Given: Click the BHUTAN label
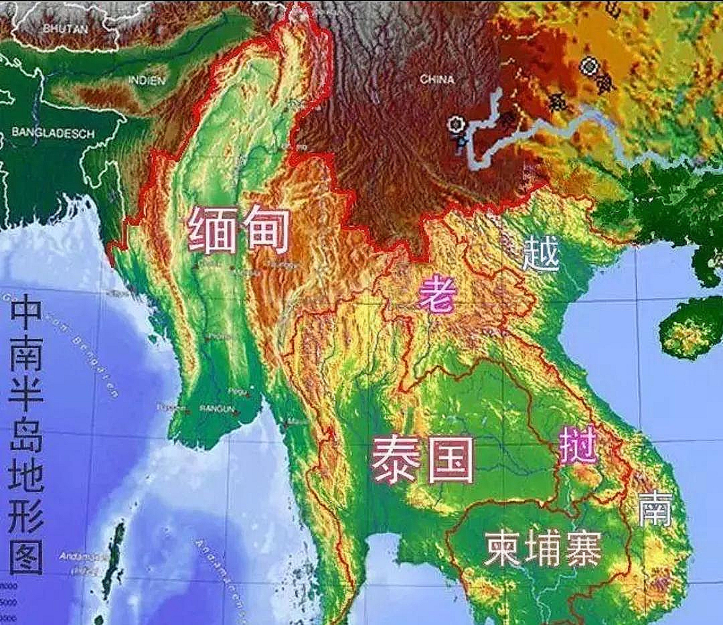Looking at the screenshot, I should pyautogui.click(x=65, y=29).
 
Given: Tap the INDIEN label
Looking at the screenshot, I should pyautogui.click(x=146, y=80).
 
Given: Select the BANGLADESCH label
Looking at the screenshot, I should pyautogui.click(x=53, y=133).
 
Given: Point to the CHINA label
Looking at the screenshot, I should pyautogui.click(x=437, y=79).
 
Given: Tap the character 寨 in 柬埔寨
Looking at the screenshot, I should pyautogui.click(x=582, y=548).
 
